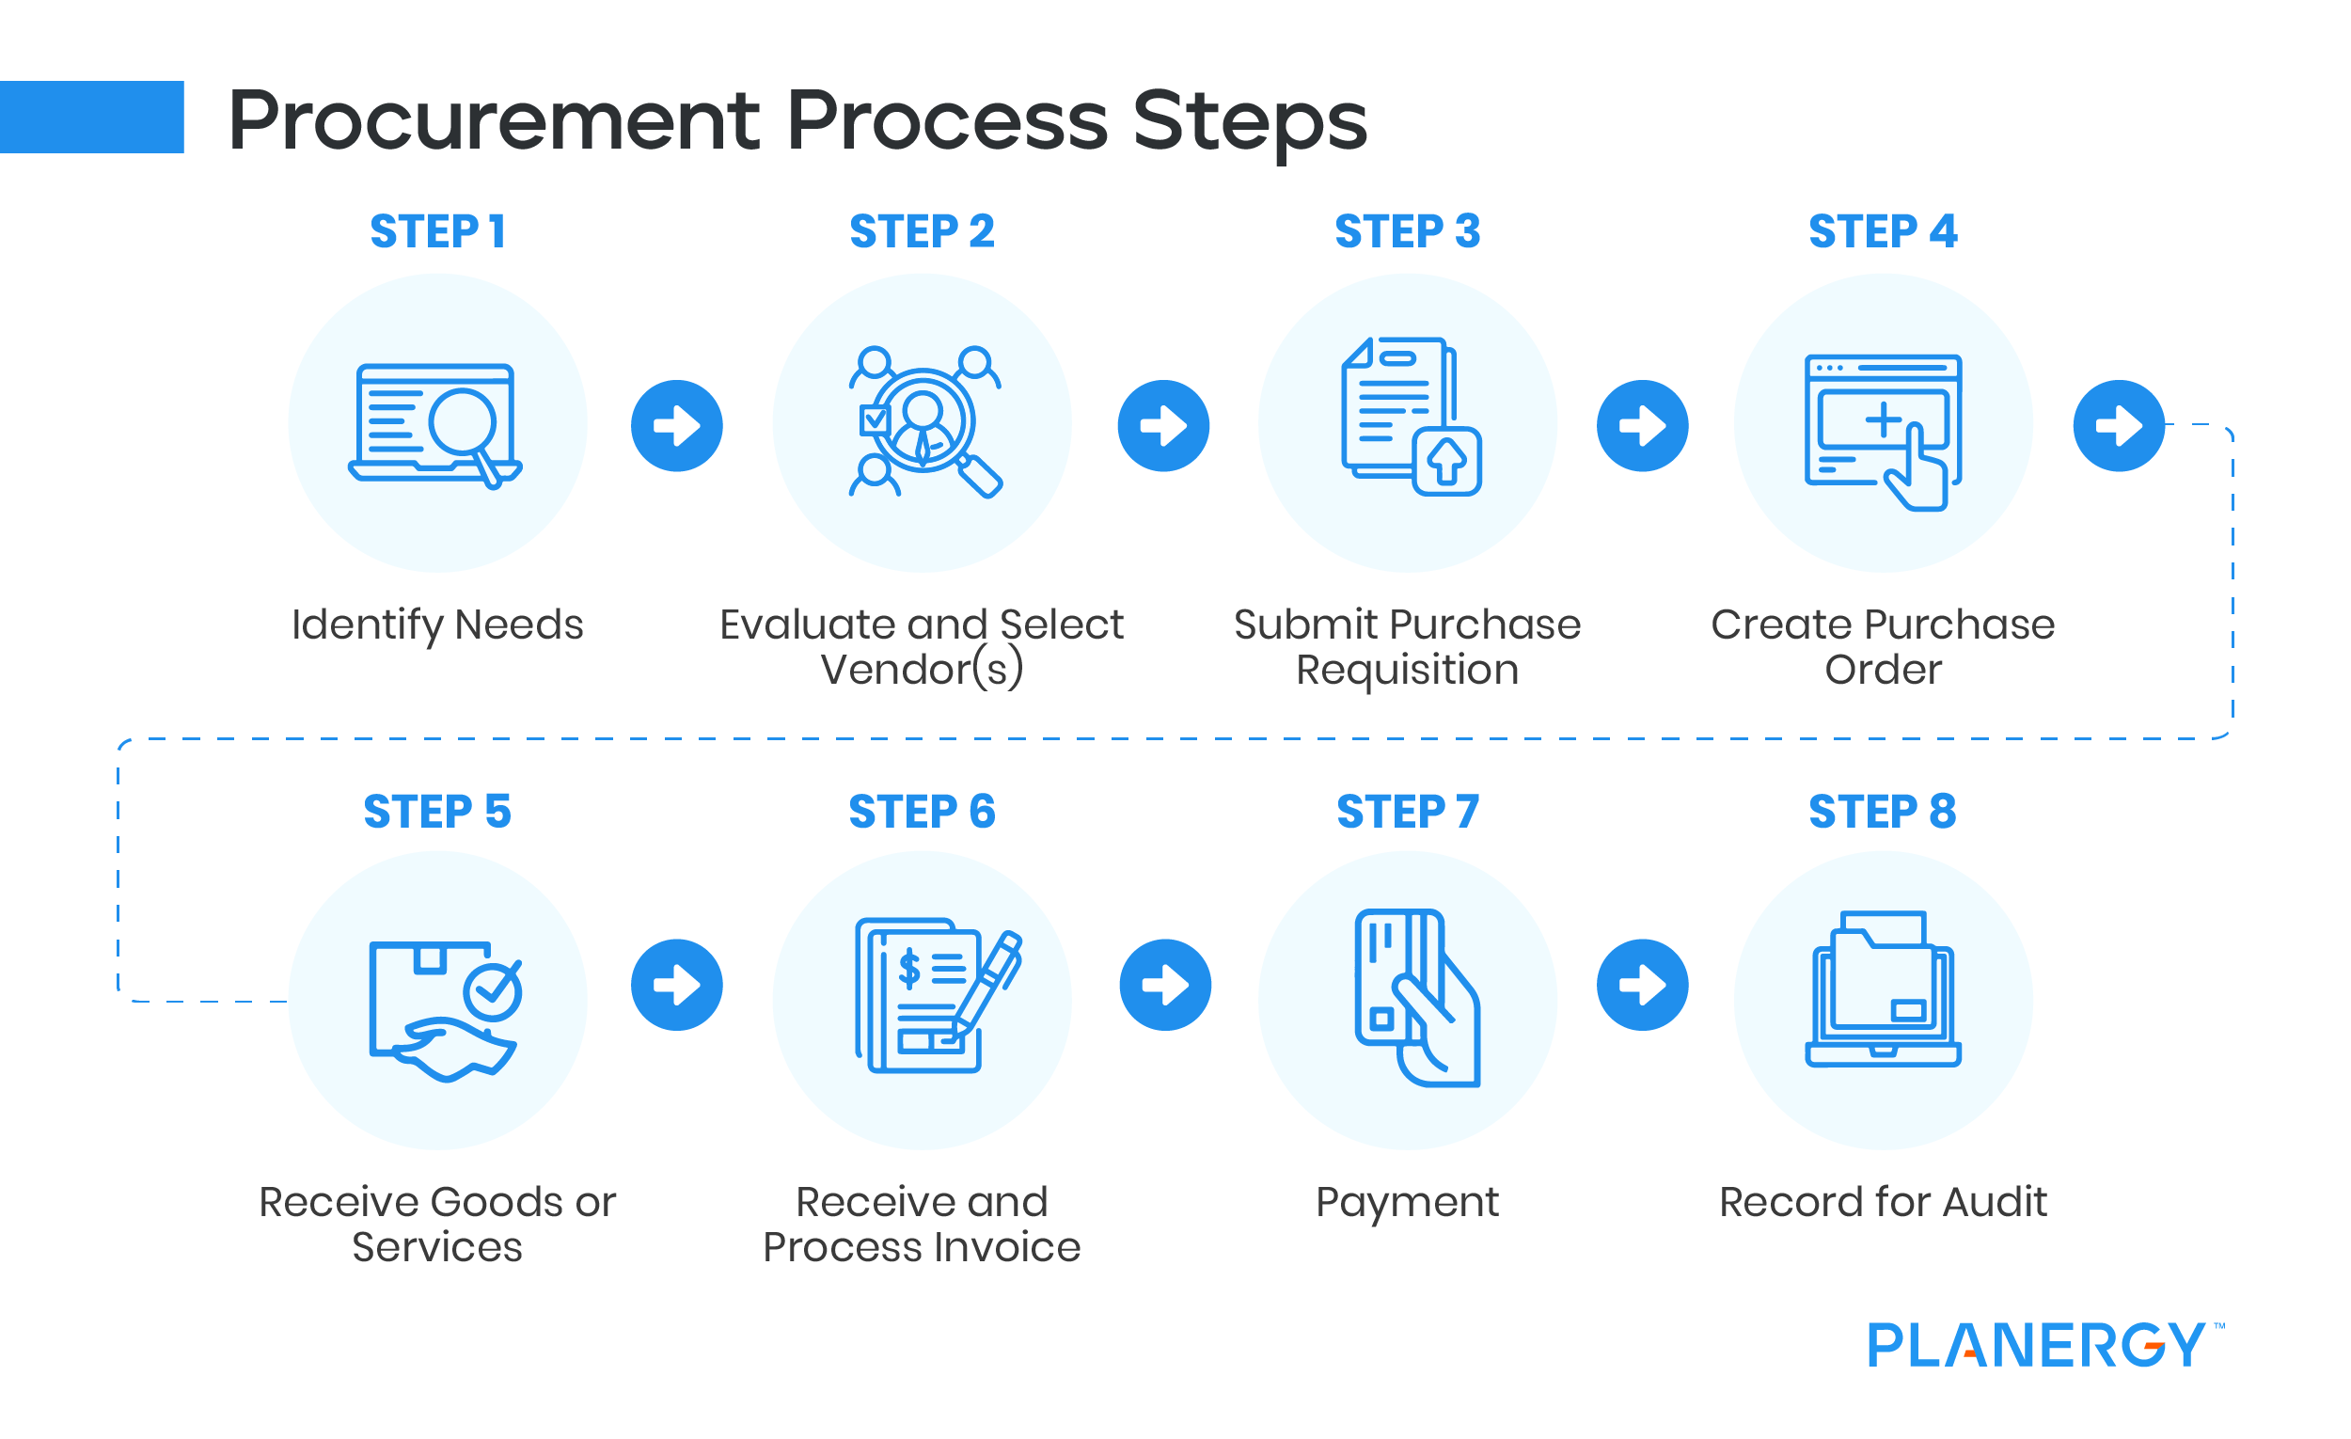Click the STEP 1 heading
pos(438,232)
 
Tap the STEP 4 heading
pos(1883,232)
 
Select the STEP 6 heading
pos(922,812)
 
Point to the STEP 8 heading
pos(1883,812)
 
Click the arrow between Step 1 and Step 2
pos(676,426)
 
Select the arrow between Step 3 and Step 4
pos(1642,426)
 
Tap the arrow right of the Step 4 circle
pos(2118,426)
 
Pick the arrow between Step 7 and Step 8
pos(1642,985)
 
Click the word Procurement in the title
pos(494,121)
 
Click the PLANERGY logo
pos(2036,1345)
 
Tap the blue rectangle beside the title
pos(91,117)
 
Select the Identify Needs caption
pos(437,625)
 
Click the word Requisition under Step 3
pos(1407,670)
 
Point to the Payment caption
pos(1407,1202)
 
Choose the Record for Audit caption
pos(1883,1202)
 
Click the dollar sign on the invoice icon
pos(909,969)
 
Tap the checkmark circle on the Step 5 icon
pos(493,992)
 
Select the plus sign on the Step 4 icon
pos(1884,419)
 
